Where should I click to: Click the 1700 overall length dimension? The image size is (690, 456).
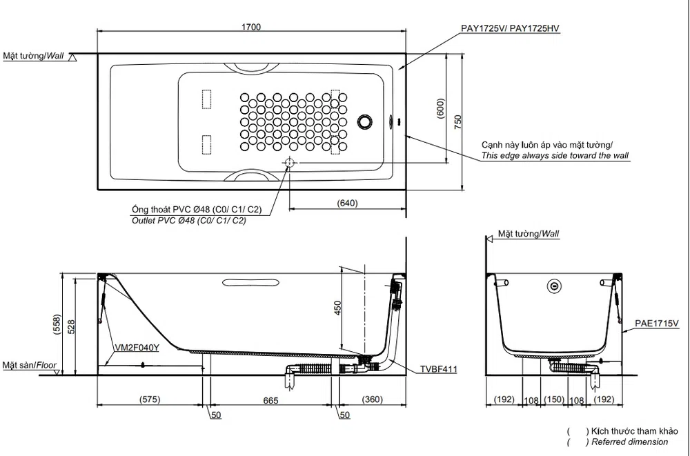(251, 27)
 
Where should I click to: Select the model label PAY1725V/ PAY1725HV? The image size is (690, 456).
(510, 28)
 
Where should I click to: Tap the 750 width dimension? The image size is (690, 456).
(458, 122)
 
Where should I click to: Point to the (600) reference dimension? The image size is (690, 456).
(440, 108)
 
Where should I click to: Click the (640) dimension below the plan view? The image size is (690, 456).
(347, 204)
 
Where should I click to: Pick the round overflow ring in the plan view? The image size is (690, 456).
(365, 122)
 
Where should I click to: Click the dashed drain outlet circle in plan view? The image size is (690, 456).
(289, 163)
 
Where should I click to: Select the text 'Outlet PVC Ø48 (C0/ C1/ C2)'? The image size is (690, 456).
(189, 221)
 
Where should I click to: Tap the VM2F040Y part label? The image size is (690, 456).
(137, 348)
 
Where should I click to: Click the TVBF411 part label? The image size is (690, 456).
(438, 369)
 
